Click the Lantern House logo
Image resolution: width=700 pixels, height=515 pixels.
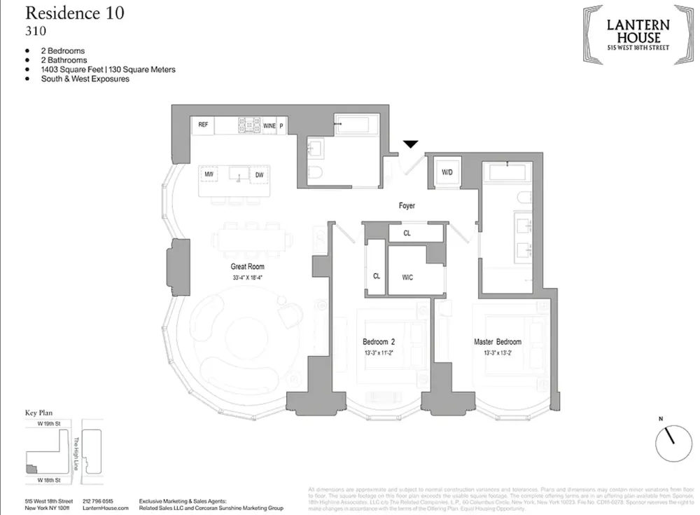[638, 34]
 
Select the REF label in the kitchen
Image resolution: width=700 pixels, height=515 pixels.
[203, 125]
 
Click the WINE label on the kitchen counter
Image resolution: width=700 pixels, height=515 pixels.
[269, 125]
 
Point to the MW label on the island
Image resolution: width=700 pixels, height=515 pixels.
[209, 174]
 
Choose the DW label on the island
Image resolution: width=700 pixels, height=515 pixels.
[259, 174]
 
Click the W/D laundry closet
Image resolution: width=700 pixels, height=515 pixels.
[447, 172]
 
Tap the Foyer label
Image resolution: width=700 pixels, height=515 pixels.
[406, 206]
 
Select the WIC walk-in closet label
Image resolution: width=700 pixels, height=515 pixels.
[407, 277]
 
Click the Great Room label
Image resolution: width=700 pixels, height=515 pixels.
[247, 267]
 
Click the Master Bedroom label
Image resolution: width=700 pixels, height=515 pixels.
[497, 342]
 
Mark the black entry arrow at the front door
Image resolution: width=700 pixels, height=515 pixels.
[410, 144]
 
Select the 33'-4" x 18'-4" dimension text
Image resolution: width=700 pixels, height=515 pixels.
[247, 277]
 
